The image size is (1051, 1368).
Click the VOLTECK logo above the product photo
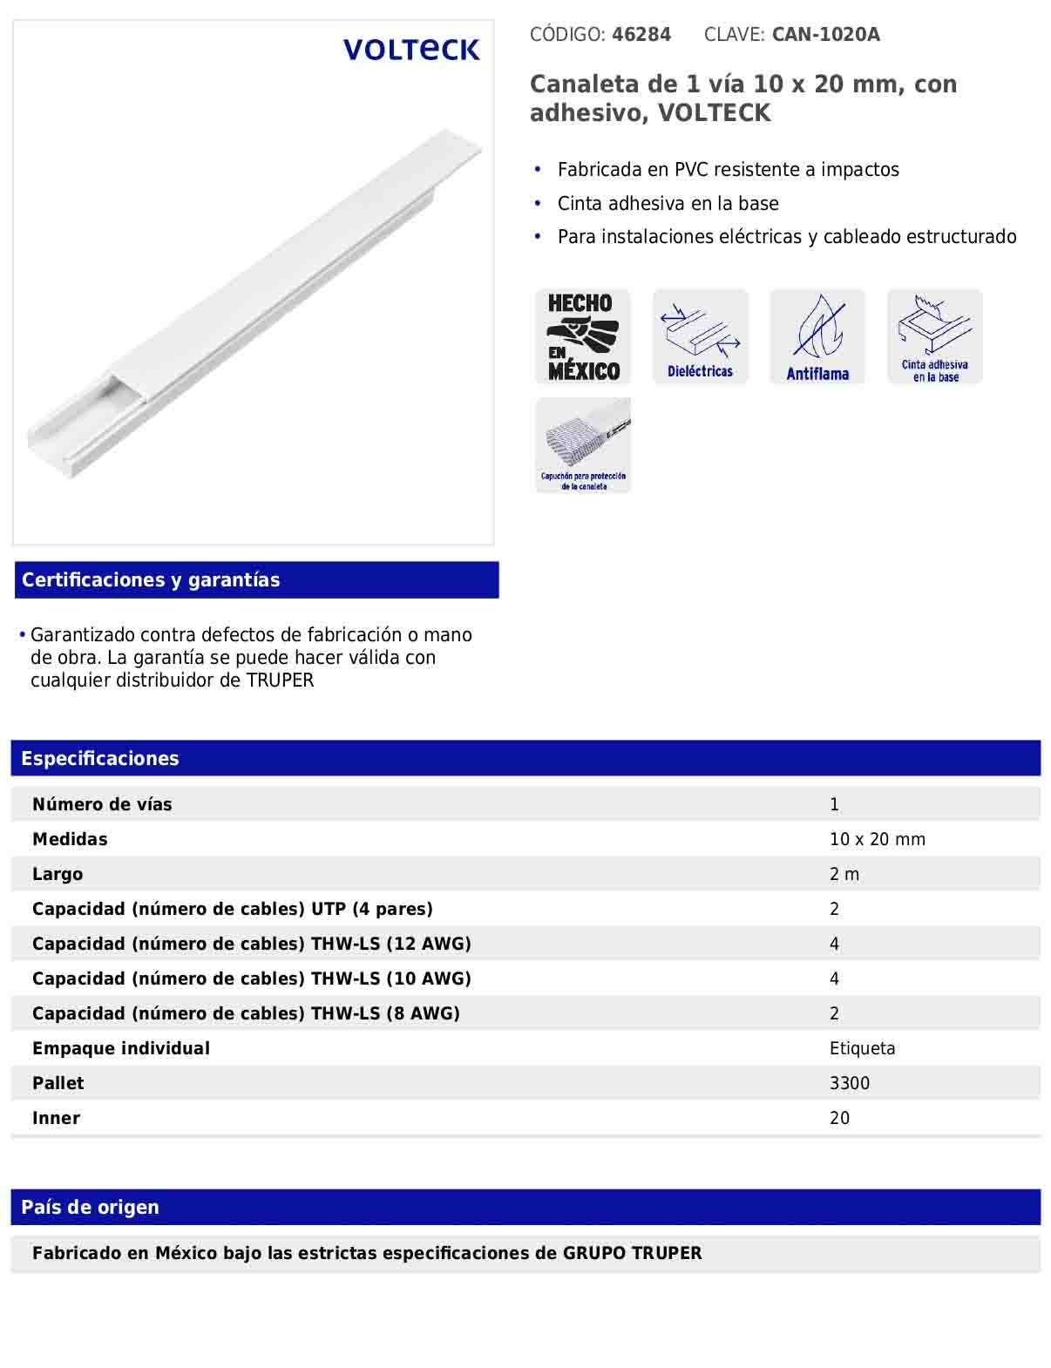point(411,50)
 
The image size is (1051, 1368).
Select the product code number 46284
point(641,35)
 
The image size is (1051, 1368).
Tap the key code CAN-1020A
point(825,35)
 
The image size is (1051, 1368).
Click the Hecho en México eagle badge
point(583,336)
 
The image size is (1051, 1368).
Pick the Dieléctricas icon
point(700,336)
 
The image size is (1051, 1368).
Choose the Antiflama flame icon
point(817,336)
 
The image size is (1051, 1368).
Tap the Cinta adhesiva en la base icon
point(934,336)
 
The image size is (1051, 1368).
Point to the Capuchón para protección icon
point(583,445)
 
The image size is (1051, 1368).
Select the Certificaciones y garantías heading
point(151,580)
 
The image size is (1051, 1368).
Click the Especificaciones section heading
point(100,759)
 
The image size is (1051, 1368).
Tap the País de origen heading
point(90,1208)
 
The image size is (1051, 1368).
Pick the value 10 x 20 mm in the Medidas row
point(877,840)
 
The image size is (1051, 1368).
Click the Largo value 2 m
point(844,875)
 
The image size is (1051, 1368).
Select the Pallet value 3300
point(849,1084)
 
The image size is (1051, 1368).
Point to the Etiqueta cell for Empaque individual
point(862,1049)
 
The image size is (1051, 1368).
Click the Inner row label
point(56,1119)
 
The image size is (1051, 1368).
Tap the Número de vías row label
point(102,805)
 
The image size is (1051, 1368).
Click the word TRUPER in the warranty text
point(280,681)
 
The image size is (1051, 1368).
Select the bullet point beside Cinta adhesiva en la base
point(539,203)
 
